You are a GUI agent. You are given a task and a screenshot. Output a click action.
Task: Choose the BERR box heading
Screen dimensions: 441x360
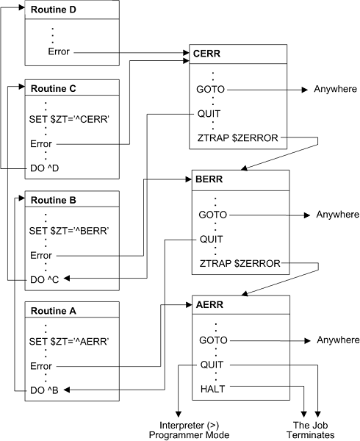[213, 179]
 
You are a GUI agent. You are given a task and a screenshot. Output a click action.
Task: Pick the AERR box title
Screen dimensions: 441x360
[213, 304]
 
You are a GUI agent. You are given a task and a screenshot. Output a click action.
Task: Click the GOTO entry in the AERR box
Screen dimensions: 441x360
[212, 340]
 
